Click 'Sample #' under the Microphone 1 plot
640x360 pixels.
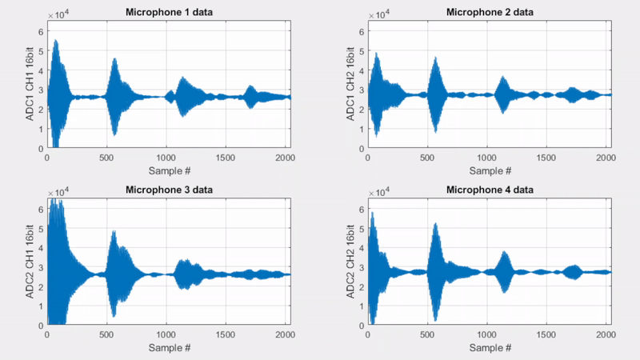tap(169, 170)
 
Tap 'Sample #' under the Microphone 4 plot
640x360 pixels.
tap(489, 348)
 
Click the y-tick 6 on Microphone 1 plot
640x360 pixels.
tap(41, 32)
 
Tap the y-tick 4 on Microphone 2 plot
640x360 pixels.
tap(362, 70)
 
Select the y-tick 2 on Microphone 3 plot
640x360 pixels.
tap(41, 287)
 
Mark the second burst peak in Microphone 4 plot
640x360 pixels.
tap(436, 225)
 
